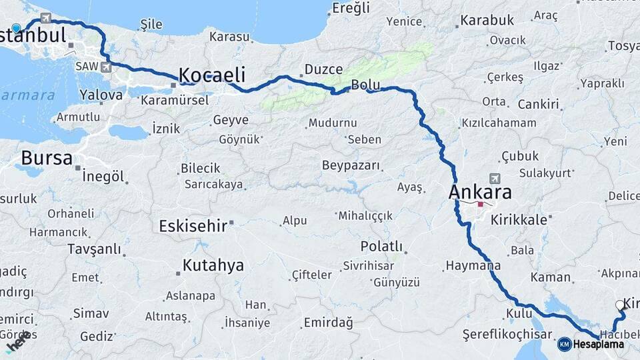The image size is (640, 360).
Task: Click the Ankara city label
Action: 480,192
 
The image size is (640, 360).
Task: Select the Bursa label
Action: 47,158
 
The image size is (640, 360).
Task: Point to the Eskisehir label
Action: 193,226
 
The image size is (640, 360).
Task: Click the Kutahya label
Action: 213,265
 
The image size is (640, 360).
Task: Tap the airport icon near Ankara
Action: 494,179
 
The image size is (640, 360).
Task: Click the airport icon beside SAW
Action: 106,67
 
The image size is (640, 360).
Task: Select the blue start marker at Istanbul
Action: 16,28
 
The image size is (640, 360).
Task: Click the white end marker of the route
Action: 620,305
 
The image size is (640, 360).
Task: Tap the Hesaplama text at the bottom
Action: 598,345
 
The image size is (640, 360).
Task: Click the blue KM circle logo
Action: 564,345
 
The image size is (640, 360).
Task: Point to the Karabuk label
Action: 487,20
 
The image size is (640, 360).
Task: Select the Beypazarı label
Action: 351,165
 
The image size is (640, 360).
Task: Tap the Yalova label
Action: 101,95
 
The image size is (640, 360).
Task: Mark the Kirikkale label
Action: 518,219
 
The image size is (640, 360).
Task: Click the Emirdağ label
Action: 328,323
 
